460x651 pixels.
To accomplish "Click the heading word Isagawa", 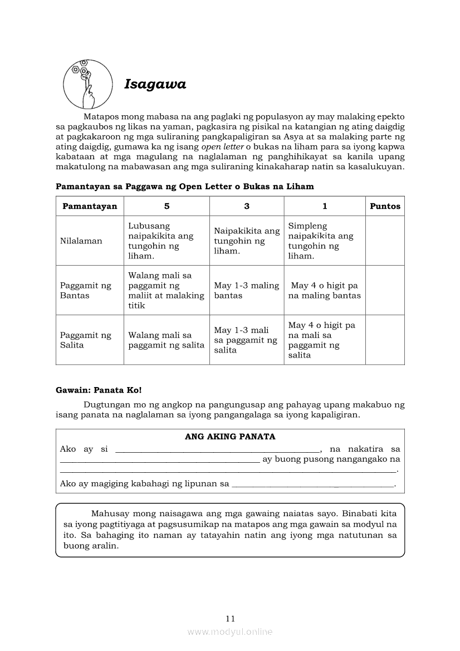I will [x=155, y=84].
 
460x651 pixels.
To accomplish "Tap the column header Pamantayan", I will [x=90, y=206].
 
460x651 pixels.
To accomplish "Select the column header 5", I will [x=167, y=206].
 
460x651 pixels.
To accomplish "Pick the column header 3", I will [x=247, y=206].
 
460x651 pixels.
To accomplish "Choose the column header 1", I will [x=325, y=206].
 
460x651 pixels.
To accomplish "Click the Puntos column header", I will [x=385, y=206].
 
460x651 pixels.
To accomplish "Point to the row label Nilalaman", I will [x=81, y=241].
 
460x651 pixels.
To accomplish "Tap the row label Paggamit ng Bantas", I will [x=86, y=290].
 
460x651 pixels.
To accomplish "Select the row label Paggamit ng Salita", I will [x=86, y=340].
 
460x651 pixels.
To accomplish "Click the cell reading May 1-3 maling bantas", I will [x=247, y=290].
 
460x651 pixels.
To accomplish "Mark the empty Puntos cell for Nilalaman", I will [x=385, y=241].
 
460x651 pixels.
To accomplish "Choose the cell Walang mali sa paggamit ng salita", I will [x=167, y=340].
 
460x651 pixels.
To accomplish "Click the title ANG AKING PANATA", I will [x=230, y=437].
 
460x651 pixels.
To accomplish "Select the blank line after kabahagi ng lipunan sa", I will [x=312, y=484].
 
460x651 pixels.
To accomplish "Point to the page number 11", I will [x=231, y=619].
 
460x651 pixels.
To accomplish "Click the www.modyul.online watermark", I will [x=230, y=632].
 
